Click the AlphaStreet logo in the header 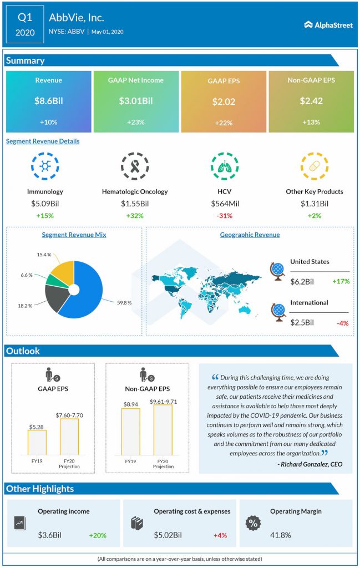[x=328, y=24]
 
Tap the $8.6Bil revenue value [x=49, y=102]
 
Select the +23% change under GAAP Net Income [x=136, y=122]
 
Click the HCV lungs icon [x=225, y=166]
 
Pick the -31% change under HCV [x=225, y=216]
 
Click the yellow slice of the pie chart [x=63, y=270]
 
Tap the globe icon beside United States [x=277, y=272]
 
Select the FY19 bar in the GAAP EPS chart [x=37, y=442]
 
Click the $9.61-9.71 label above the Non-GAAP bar [x=163, y=401]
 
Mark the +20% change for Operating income [x=97, y=535]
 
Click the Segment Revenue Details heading [x=43, y=141]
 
